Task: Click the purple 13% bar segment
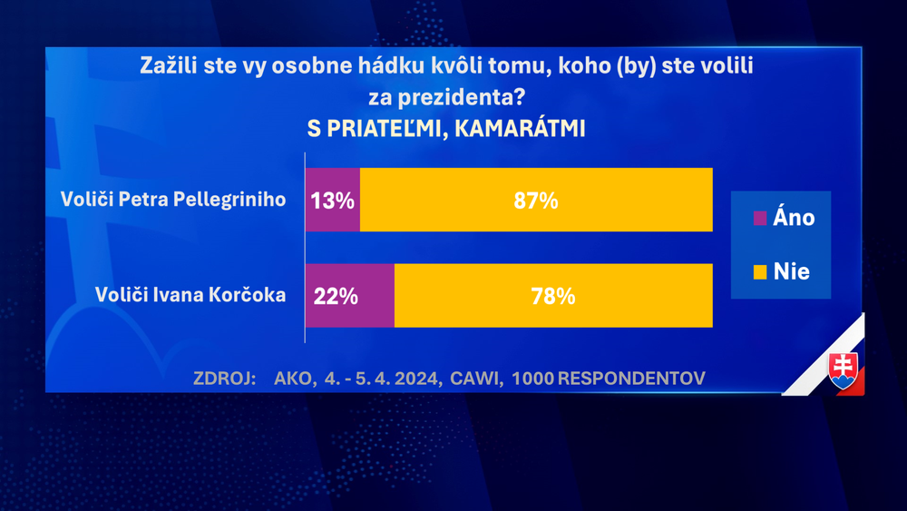[332, 200]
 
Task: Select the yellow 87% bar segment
[536, 200]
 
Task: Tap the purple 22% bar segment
[349, 296]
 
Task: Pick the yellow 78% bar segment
[553, 296]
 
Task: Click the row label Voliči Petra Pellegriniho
[173, 199]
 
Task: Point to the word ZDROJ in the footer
[225, 378]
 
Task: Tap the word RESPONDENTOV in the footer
[631, 378]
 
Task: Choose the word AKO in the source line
[292, 378]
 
